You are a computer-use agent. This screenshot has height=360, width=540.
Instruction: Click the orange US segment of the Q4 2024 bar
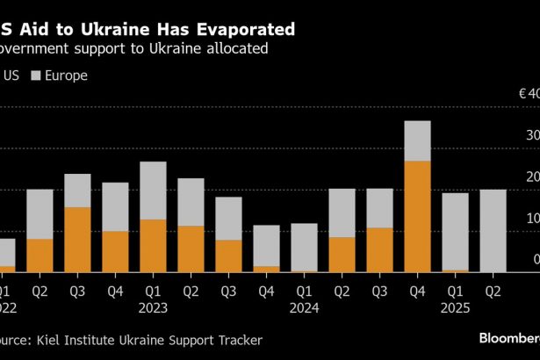(417, 216)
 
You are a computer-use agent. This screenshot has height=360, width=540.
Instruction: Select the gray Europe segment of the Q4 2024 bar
(417, 140)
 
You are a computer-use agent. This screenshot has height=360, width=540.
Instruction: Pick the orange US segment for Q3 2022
(77, 239)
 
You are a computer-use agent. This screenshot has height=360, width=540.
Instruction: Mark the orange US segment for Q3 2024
(379, 249)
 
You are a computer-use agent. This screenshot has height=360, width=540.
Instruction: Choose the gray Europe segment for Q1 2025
(455, 231)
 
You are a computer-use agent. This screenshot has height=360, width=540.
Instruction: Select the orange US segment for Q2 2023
(191, 248)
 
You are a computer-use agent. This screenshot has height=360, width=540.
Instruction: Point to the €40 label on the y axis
(529, 94)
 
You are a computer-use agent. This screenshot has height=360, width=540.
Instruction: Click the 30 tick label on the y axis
(533, 136)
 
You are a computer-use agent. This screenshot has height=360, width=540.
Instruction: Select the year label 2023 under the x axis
(153, 308)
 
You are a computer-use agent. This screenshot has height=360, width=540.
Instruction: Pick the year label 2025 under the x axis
(455, 308)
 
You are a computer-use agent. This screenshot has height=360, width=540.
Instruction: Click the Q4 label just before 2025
(417, 289)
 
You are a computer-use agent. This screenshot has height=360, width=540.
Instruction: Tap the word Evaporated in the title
(236, 29)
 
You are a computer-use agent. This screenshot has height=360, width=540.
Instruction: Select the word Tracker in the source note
(238, 339)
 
